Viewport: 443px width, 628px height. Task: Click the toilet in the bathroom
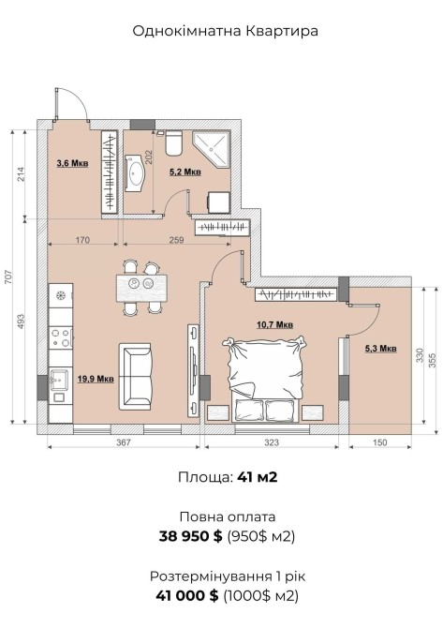tap(173, 143)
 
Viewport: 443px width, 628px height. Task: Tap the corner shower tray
tap(211, 149)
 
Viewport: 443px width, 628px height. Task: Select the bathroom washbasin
tap(135, 173)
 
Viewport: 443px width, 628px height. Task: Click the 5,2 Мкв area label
tap(185, 172)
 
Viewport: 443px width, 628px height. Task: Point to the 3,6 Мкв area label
tap(72, 163)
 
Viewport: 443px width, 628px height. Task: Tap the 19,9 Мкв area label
tap(96, 379)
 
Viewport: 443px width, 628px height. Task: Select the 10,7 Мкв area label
tap(274, 324)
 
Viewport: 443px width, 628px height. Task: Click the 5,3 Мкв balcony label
tap(380, 349)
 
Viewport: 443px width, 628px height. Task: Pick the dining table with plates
tap(141, 288)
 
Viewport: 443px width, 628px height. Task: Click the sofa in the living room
tap(135, 376)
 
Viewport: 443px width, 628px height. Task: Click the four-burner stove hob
tap(61, 337)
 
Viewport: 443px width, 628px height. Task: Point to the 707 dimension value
tap(8, 277)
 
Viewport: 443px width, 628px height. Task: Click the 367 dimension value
tap(124, 442)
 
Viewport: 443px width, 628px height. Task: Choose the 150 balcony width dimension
tap(379, 442)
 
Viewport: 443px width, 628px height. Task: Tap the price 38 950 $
tap(190, 536)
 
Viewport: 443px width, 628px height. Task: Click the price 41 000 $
tap(187, 595)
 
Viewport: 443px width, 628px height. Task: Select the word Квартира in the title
tap(282, 31)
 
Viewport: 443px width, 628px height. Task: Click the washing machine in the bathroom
tap(218, 202)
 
